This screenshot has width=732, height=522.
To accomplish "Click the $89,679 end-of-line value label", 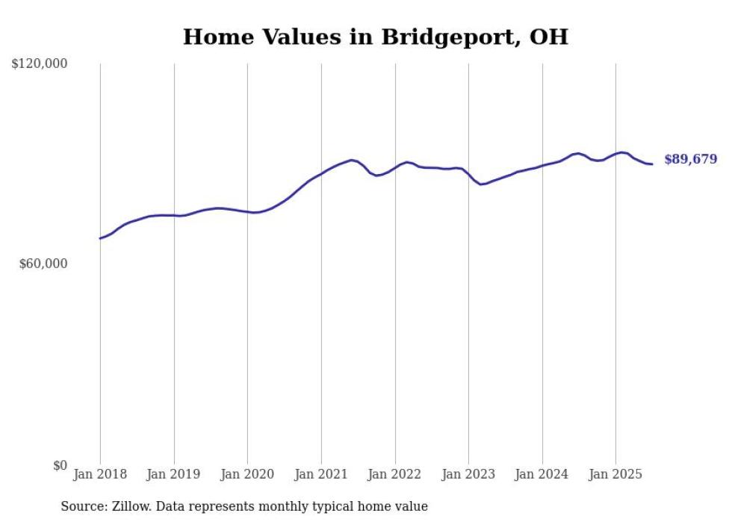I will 690,159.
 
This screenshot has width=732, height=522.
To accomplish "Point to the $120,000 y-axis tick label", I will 40,64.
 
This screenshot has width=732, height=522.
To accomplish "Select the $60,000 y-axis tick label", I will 43,264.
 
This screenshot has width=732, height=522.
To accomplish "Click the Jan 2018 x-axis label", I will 100,474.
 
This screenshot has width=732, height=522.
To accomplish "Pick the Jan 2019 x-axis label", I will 174,474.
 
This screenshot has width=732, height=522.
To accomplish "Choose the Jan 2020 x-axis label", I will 247,474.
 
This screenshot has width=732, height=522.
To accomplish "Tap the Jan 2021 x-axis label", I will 321,474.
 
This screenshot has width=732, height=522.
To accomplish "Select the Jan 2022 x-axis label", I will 395,474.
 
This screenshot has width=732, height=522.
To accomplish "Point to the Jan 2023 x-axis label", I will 468,474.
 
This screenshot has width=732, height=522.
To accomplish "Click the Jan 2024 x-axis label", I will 542,474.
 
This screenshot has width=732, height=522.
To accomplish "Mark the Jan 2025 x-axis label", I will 615,474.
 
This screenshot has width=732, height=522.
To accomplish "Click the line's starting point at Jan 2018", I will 100,238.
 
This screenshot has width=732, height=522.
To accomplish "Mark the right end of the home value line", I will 652,164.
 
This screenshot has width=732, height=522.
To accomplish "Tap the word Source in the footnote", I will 81,506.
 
